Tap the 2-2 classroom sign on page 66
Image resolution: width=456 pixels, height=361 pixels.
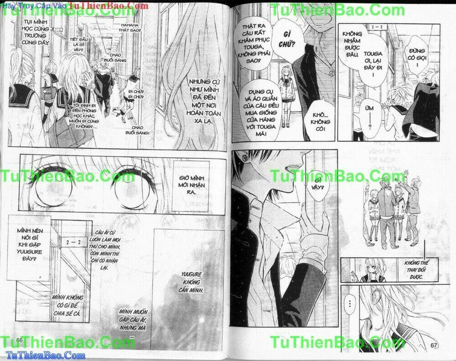tap(73, 243)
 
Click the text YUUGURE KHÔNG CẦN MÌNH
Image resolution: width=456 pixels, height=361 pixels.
tap(191, 282)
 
